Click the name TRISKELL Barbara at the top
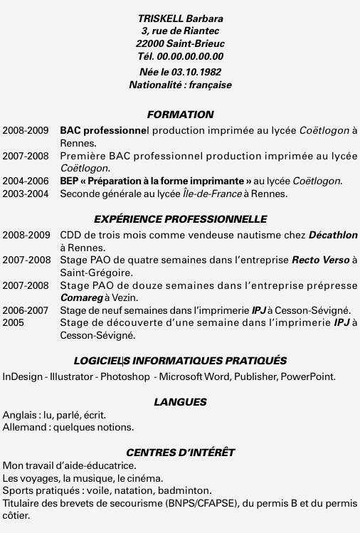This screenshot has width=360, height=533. click(x=180, y=19)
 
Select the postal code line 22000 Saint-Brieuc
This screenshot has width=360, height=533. click(x=180, y=43)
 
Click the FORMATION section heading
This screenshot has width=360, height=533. click(x=180, y=115)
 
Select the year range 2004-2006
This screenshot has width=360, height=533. click(x=26, y=181)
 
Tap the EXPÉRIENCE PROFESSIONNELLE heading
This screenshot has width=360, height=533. click(x=180, y=219)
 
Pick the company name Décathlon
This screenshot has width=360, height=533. click(x=333, y=235)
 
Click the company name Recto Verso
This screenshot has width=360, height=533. click(x=321, y=260)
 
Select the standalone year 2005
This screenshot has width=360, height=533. click(x=14, y=322)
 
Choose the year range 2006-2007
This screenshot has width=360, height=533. click(x=26, y=310)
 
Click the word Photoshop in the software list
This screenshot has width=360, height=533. click(x=125, y=376)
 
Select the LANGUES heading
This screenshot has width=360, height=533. click(x=180, y=402)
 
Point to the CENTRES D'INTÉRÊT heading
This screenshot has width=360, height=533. click(x=180, y=453)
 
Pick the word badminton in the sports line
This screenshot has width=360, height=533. click(x=187, y=490)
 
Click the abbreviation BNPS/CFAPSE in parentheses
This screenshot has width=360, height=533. click(x=204, y=503)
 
